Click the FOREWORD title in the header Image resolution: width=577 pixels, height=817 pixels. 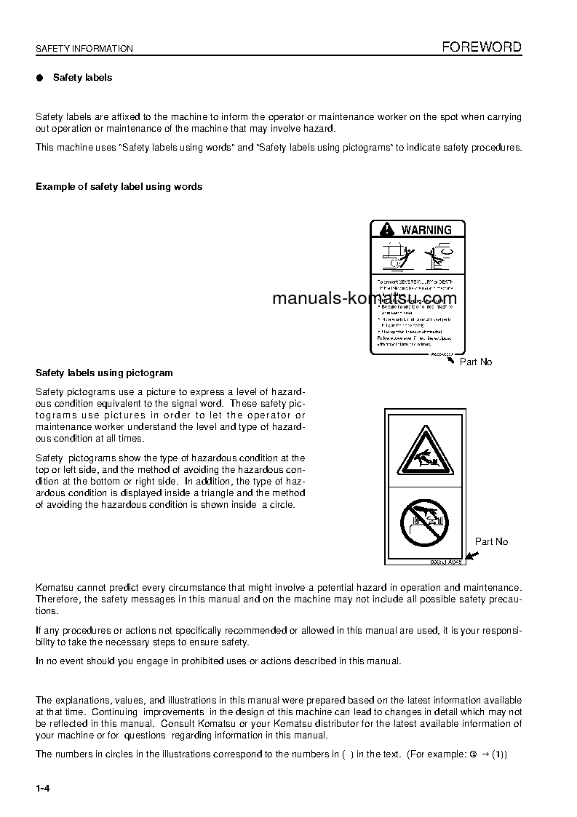coord(482,47)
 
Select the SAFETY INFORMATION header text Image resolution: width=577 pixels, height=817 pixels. coord(84,49)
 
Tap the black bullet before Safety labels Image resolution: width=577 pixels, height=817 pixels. coord(40,78)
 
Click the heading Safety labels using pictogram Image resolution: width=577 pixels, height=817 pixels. coord(104,373)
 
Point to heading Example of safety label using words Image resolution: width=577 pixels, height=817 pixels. coord(119,187)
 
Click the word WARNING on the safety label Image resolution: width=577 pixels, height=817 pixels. coord(426,230)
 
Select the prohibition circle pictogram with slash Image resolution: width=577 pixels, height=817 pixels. coord(425,522)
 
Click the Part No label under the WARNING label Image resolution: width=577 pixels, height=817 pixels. coord(475,362)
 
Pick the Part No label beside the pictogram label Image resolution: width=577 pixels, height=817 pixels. coord(491,541)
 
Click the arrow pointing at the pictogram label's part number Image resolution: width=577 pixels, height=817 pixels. coord(472,556)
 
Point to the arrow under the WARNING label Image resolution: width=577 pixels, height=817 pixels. coord(452,358)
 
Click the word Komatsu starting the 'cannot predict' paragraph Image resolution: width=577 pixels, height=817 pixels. coord(55,587)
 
